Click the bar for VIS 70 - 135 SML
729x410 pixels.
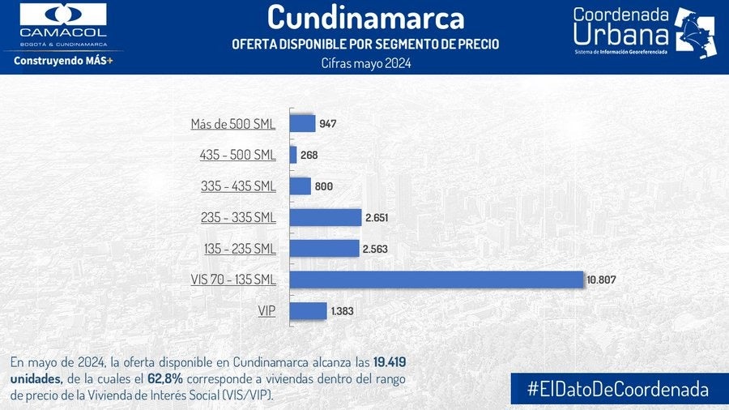click(x=436, y=280)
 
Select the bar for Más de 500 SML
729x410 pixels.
click(x=302, y=123)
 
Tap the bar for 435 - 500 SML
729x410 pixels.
click(x=293, y=155)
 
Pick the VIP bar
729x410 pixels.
click(x=308, y=311)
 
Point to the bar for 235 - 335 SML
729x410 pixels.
click(x=325, y=217)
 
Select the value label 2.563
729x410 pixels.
click(x=377, y=249)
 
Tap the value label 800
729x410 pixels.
click(x=323, y=186)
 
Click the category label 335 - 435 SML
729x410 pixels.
click(x=238, y=186)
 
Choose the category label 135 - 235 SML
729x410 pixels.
click(x=238, y=249)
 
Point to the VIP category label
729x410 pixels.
click(x=266, y=311)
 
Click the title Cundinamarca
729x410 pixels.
click(x=365, y=17)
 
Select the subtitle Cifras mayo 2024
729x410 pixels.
click(x=366, y=63)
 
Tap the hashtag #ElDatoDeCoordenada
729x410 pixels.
click(x=617, y=388)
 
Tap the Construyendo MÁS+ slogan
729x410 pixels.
click(x=62, y=61)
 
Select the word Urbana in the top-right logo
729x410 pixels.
click(x=621, y=35)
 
